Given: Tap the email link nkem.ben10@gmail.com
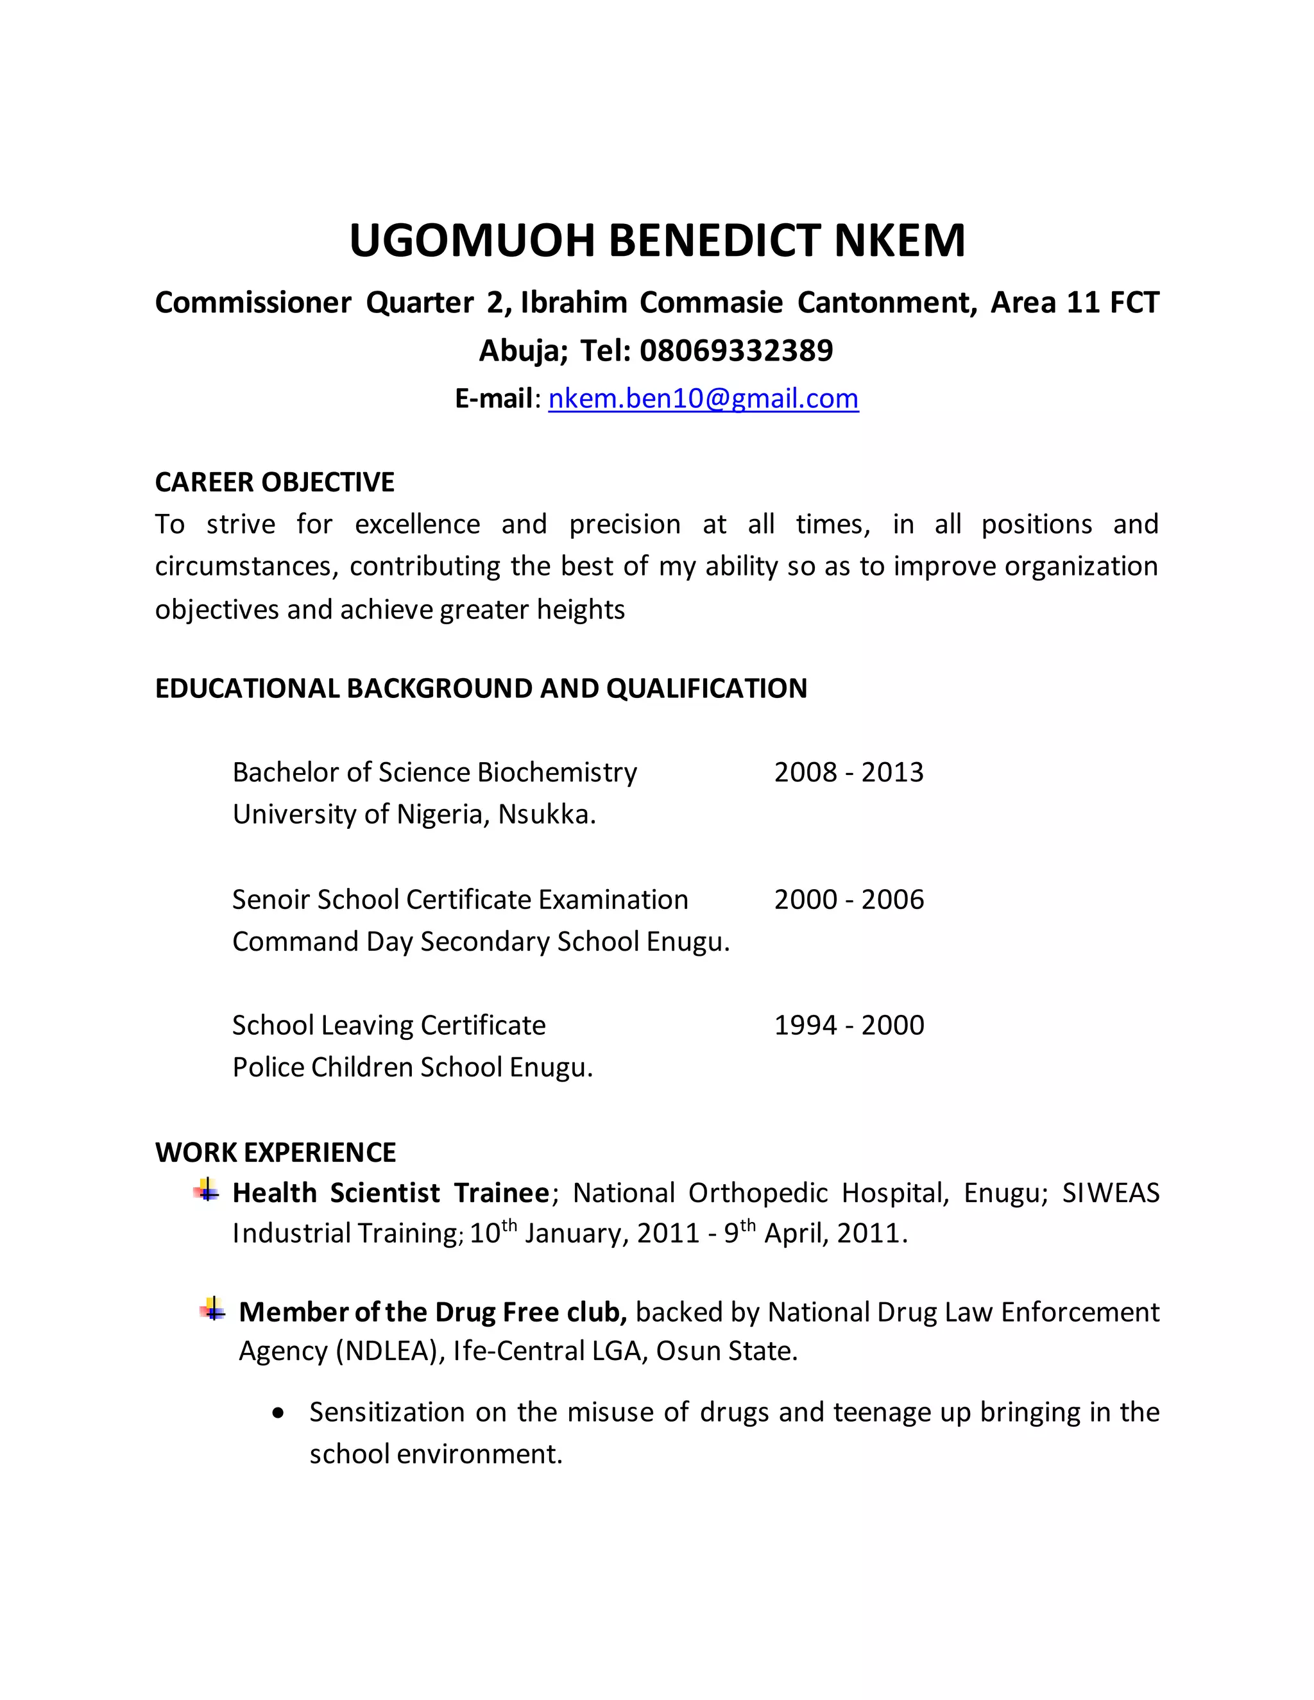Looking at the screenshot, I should click(x=703, y=398).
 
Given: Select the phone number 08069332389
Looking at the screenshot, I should click(x=736, y=350).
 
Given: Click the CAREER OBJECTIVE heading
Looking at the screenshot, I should click(x=274, y=482).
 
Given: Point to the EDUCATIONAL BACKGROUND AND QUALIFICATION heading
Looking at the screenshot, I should click(x=481, y=688).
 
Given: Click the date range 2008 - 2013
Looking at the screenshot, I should click(x=848, y=772).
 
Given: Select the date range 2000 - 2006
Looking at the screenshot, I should click(x=848, y=899).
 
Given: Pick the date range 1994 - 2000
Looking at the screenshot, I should click(x=848, y=1025).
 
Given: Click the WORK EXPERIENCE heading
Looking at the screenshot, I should click(x=275, y=1152).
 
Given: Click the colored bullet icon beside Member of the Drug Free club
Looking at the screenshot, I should click(x=212, y=1309).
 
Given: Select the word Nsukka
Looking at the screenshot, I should click(x=547, y=814).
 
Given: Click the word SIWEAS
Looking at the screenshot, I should click(x=1110, y=1193).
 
